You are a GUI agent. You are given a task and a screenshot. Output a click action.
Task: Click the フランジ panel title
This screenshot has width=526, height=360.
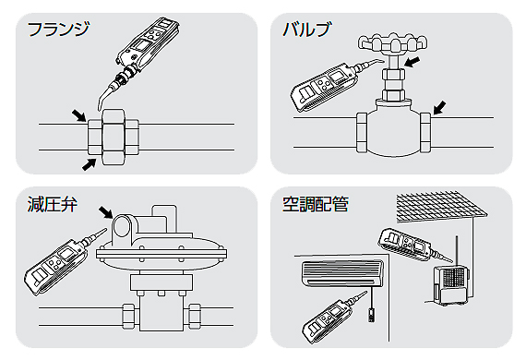click(59, 30)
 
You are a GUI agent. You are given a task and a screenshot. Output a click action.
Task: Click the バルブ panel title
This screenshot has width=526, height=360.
click(306, 30)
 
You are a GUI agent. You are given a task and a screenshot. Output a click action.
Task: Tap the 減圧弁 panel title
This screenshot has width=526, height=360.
click(53, 204)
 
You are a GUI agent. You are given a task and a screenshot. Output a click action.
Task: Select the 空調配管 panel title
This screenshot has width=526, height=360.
click(316, 204)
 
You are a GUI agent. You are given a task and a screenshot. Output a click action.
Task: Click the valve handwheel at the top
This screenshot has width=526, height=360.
click(393, 43)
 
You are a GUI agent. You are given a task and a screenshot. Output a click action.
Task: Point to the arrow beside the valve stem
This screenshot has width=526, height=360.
click(412, 62)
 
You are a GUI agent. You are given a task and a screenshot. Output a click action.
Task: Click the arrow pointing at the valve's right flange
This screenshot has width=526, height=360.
click(440, 107)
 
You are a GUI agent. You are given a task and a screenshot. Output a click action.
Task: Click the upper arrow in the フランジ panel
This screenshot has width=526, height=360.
click(79, 115)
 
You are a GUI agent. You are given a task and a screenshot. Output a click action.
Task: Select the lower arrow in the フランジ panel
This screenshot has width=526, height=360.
click(90, 164)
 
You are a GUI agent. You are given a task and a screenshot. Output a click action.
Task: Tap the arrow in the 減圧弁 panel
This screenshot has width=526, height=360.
click(106, 212)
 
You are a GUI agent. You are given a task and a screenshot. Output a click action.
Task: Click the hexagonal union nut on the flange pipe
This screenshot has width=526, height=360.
click(114, 137)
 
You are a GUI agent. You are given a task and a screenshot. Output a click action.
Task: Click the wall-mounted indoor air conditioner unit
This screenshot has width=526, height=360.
click(342, 274)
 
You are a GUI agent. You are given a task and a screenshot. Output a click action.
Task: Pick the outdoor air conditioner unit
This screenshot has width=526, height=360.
click(449, 285)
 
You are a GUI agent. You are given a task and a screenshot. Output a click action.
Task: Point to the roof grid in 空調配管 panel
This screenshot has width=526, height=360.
click(442, 207)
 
